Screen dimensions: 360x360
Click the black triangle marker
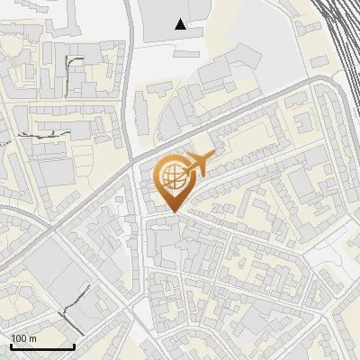(181, 24)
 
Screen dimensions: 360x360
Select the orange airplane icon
(199, 165)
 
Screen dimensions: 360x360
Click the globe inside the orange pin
(171, 176)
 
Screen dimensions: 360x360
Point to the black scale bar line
(42, 346)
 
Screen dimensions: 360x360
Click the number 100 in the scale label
(18, 338)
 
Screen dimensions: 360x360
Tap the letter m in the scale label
(31, 338)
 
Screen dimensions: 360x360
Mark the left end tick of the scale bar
(11, 345)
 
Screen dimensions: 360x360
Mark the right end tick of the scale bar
(74, 345)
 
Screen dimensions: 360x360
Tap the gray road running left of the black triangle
(131, 54)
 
